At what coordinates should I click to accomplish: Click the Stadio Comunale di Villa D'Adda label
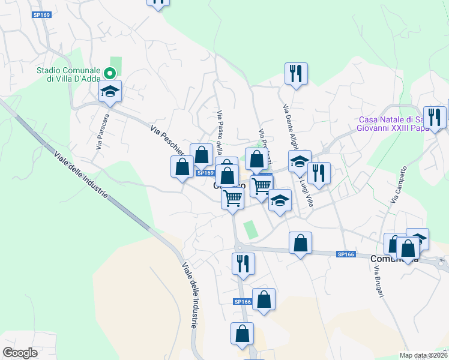point(67,74)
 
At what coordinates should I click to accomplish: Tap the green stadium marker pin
point(110,74)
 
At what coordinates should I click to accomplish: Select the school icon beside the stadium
point(110,91)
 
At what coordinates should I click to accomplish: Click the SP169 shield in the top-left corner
point(42,14)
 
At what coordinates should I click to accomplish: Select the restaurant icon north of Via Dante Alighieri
point(295,74)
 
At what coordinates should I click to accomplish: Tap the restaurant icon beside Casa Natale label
point(434,118)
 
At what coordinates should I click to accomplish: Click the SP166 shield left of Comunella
point(346,254)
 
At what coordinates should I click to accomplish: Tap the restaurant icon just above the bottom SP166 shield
point(243,263)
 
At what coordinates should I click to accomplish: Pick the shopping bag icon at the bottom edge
point(242,334)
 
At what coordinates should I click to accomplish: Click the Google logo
point(20,353)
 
